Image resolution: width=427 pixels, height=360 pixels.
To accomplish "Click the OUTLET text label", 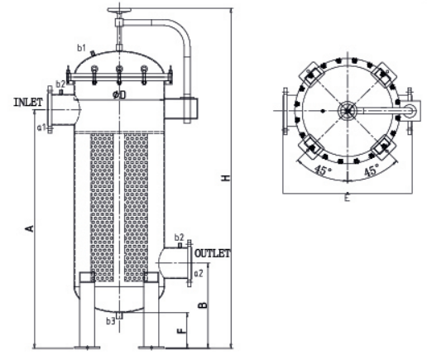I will [x=212, y=252].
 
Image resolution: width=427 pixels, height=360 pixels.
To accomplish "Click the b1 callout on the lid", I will [x=82, y=48].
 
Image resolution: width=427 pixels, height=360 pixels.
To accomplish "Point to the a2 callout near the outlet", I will [x=198, y=272].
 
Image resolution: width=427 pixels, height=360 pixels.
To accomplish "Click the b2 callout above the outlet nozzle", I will [x=180, y=238].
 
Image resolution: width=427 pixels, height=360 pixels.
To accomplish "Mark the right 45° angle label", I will [x=372, y=171].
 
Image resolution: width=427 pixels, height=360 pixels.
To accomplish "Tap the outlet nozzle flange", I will [x=188, y=262].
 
